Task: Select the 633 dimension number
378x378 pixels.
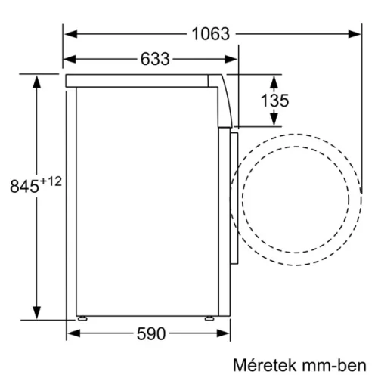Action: [x=154, y=58]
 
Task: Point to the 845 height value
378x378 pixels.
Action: [x=23, y=186]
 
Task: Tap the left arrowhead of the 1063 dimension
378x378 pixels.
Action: [x=68, y=34]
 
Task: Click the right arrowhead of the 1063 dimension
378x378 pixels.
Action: [x=358, y=34]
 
